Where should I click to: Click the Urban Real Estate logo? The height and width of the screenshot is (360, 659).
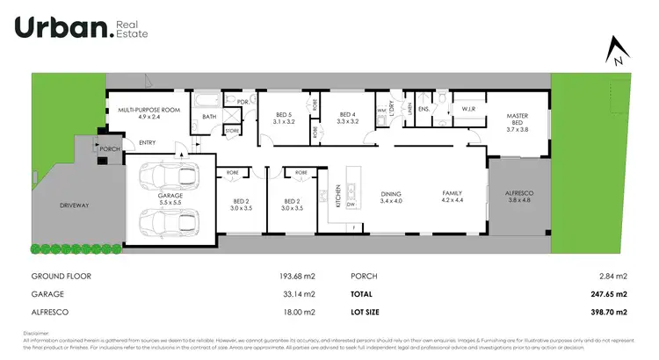[81, 28]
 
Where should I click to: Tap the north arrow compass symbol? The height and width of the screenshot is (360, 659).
[619, 52]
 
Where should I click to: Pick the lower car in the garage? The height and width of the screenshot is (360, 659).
[170, 223]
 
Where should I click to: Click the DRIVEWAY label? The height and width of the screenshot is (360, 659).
[75, 205]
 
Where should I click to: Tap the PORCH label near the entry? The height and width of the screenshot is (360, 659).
[110, 149]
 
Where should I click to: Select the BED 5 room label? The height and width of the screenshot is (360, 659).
[283, 118]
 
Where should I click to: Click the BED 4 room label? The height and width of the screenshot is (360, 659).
[348, 118]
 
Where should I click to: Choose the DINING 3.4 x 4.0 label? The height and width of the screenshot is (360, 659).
[390, 198]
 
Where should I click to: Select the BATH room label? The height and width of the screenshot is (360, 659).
[209, 116]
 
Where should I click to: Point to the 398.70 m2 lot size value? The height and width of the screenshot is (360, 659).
[609, 312]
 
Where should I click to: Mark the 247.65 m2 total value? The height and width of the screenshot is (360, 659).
[609, 294]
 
